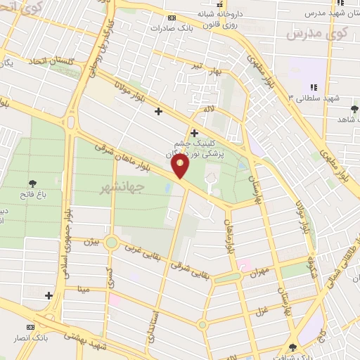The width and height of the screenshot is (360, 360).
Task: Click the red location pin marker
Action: click(181, 166)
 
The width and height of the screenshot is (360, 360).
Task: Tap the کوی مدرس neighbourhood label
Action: click(319, 33)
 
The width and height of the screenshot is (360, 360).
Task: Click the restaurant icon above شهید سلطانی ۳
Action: click(313, 87)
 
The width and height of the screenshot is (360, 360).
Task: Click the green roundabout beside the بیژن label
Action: click(111, 243)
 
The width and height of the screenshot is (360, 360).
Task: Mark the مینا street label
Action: click(84, 289)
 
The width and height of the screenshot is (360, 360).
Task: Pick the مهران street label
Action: click(260, 271)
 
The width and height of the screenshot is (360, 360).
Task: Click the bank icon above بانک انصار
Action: click(30, 328)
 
